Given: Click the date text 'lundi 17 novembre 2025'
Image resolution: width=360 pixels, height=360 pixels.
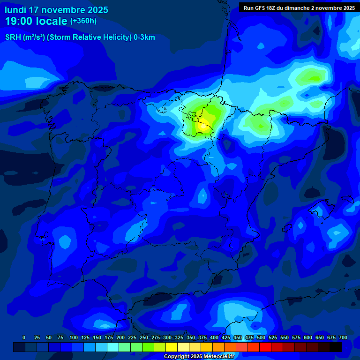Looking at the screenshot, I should coord(56,10).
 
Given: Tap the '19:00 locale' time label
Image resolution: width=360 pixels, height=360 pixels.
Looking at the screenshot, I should coord(36,21).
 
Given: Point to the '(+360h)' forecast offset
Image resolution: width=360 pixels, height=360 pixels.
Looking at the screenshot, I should coord(83,21).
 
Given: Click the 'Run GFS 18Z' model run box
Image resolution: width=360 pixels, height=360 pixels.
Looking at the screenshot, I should coord(299,8).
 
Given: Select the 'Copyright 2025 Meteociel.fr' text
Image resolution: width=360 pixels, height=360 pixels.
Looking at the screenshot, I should coord(205,357).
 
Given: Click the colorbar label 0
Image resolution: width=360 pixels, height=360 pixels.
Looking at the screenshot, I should coord(24,337).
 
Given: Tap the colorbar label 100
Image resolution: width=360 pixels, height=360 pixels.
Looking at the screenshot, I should coord(74,337).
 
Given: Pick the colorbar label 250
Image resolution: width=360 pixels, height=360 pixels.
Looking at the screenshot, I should coord(144,337).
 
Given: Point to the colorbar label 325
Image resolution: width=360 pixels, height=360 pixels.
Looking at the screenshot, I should coord(179,337).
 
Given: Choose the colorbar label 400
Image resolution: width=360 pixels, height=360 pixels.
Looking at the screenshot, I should coord(214,337).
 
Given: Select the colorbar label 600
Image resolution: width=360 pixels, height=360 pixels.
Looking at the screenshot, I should coord(308,337).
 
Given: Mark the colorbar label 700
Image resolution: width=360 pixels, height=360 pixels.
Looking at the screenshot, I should coord(343,337).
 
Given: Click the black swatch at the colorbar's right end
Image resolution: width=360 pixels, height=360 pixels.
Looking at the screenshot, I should coord(336,347).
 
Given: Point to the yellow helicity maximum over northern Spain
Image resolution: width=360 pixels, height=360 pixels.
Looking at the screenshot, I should coord(203,125).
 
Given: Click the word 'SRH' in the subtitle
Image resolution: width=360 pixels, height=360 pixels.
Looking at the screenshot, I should coord(14,37).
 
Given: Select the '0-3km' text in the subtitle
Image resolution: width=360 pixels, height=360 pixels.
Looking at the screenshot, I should coord(144,37).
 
